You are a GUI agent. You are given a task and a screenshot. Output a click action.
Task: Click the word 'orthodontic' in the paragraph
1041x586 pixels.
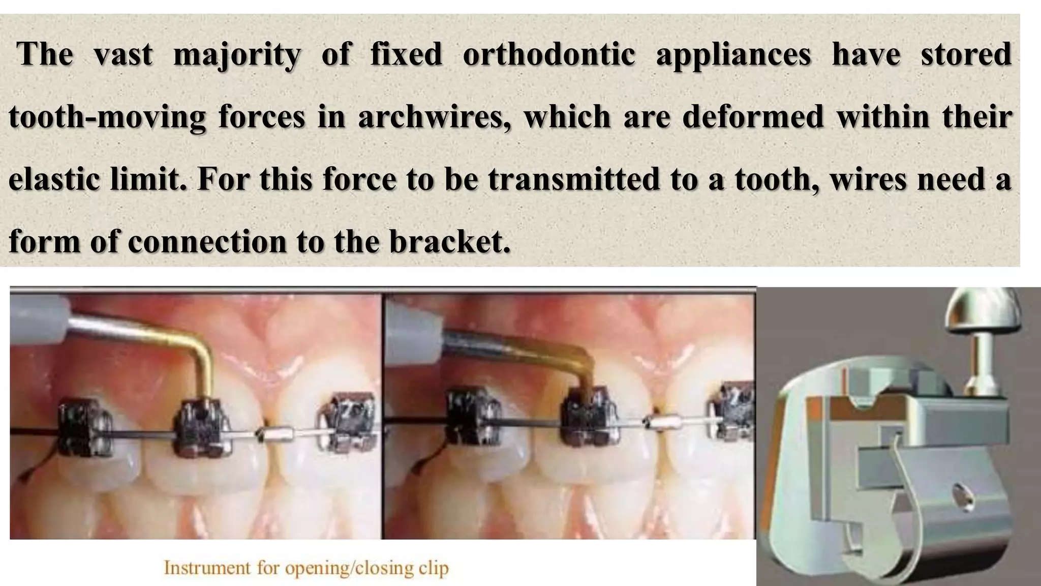548,54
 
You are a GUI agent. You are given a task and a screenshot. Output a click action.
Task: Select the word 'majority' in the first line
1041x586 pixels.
237,54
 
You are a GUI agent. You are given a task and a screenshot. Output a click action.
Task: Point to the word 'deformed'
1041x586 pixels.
753,117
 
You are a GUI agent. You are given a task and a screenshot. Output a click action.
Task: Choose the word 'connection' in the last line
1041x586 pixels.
207,241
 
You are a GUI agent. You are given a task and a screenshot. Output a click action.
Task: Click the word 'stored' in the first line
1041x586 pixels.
966,54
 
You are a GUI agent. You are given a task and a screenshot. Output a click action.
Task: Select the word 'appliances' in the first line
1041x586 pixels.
733,54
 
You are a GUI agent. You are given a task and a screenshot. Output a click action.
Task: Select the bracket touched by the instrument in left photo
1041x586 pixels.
201,427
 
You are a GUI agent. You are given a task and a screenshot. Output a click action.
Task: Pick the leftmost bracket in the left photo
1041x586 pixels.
84,430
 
